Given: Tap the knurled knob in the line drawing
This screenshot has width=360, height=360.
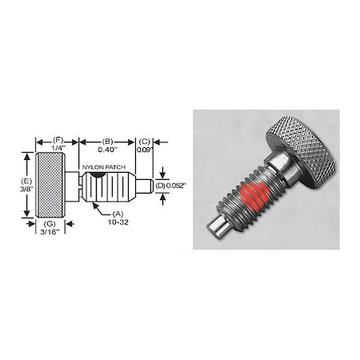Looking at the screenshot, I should tap(50, 186).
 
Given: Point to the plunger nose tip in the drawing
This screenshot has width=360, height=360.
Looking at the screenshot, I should tap(146, 186).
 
